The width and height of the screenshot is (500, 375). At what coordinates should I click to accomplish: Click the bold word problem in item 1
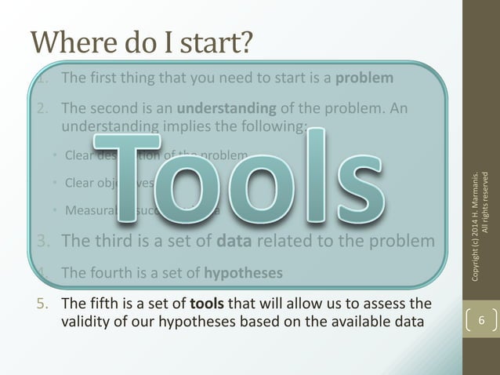click(364, 78)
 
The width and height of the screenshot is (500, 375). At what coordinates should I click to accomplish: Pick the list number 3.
click(43, 241)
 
